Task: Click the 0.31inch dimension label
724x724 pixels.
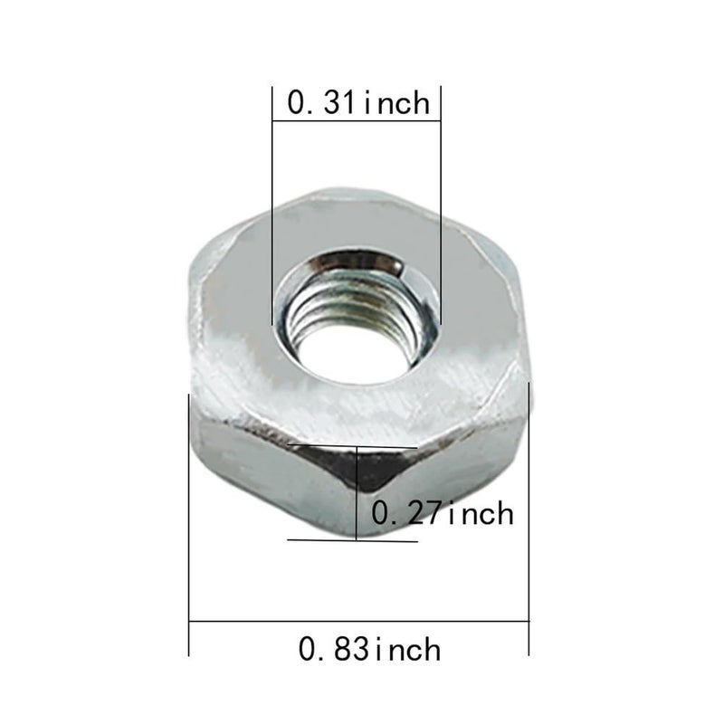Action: pyautogui.click(x=357, y=102)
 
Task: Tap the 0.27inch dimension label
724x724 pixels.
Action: pyautogui.click(x=443, y=513)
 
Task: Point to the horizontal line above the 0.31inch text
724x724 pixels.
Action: pyautogui.click(x=356, y=87)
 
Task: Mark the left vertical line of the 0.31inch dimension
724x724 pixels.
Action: pyautogui.click(x=272, y=208)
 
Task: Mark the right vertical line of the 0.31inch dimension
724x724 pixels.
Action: pyautogui.click(x=440, y=208)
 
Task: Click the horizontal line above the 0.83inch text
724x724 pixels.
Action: pyautogui.click(x=358, y=622)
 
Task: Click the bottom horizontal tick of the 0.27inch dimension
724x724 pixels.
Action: pyautogui.click(x=353, y=540)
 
